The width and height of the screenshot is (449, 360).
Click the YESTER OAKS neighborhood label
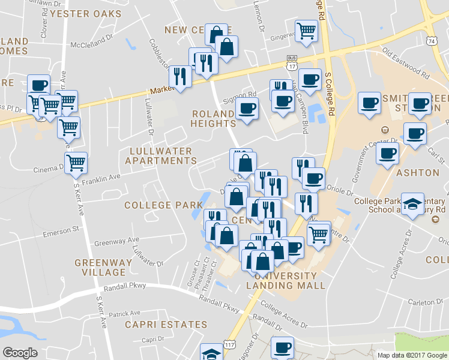(x=85, y=13)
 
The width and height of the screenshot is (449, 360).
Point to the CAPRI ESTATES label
(x=166, y=325)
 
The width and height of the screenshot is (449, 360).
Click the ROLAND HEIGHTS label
(x=214, y=118)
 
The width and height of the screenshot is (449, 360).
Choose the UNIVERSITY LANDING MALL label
(x=290, y=280)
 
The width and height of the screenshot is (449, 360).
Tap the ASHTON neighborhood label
(x=418, y=173)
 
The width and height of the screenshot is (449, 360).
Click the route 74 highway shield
(x=432, y=41)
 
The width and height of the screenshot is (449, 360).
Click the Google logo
(x=20, y=353)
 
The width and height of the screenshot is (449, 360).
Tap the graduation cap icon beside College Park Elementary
(x=412, y=204)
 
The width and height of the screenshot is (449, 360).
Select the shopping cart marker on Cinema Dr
(x=76, y=163)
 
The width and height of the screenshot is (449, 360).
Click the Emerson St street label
(x=61, y=229)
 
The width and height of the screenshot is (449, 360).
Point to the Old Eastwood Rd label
(x=406, y=66)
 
